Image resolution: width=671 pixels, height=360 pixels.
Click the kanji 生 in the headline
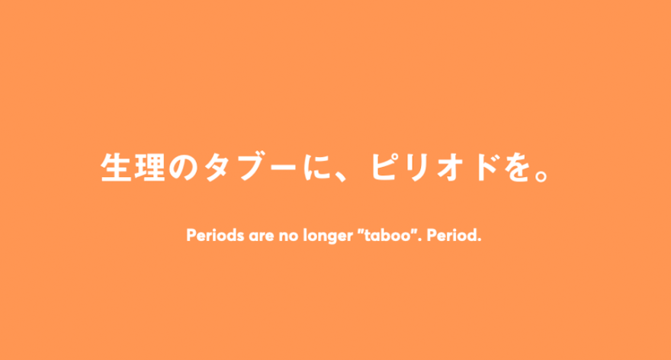click(116, 167)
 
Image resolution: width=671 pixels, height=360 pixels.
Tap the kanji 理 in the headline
click(149, 167)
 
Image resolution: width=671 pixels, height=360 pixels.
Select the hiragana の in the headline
click(183, 167)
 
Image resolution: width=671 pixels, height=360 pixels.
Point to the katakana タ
click(218, 167)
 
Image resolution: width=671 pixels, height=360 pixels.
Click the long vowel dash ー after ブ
click(283, 166)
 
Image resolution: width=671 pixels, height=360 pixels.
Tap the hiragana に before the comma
click(317, 167)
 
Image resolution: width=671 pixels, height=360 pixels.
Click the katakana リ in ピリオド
click(417, 167)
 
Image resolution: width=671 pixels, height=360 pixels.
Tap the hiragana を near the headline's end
click(518, 167)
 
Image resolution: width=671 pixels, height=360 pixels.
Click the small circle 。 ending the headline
click(541, 175)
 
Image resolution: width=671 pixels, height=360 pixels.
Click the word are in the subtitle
click(261, 236)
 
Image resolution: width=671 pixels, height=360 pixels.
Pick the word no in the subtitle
click(288, 236)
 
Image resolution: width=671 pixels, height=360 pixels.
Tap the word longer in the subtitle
click(328, 236)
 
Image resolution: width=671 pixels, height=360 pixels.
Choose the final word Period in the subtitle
click(452, 235)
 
